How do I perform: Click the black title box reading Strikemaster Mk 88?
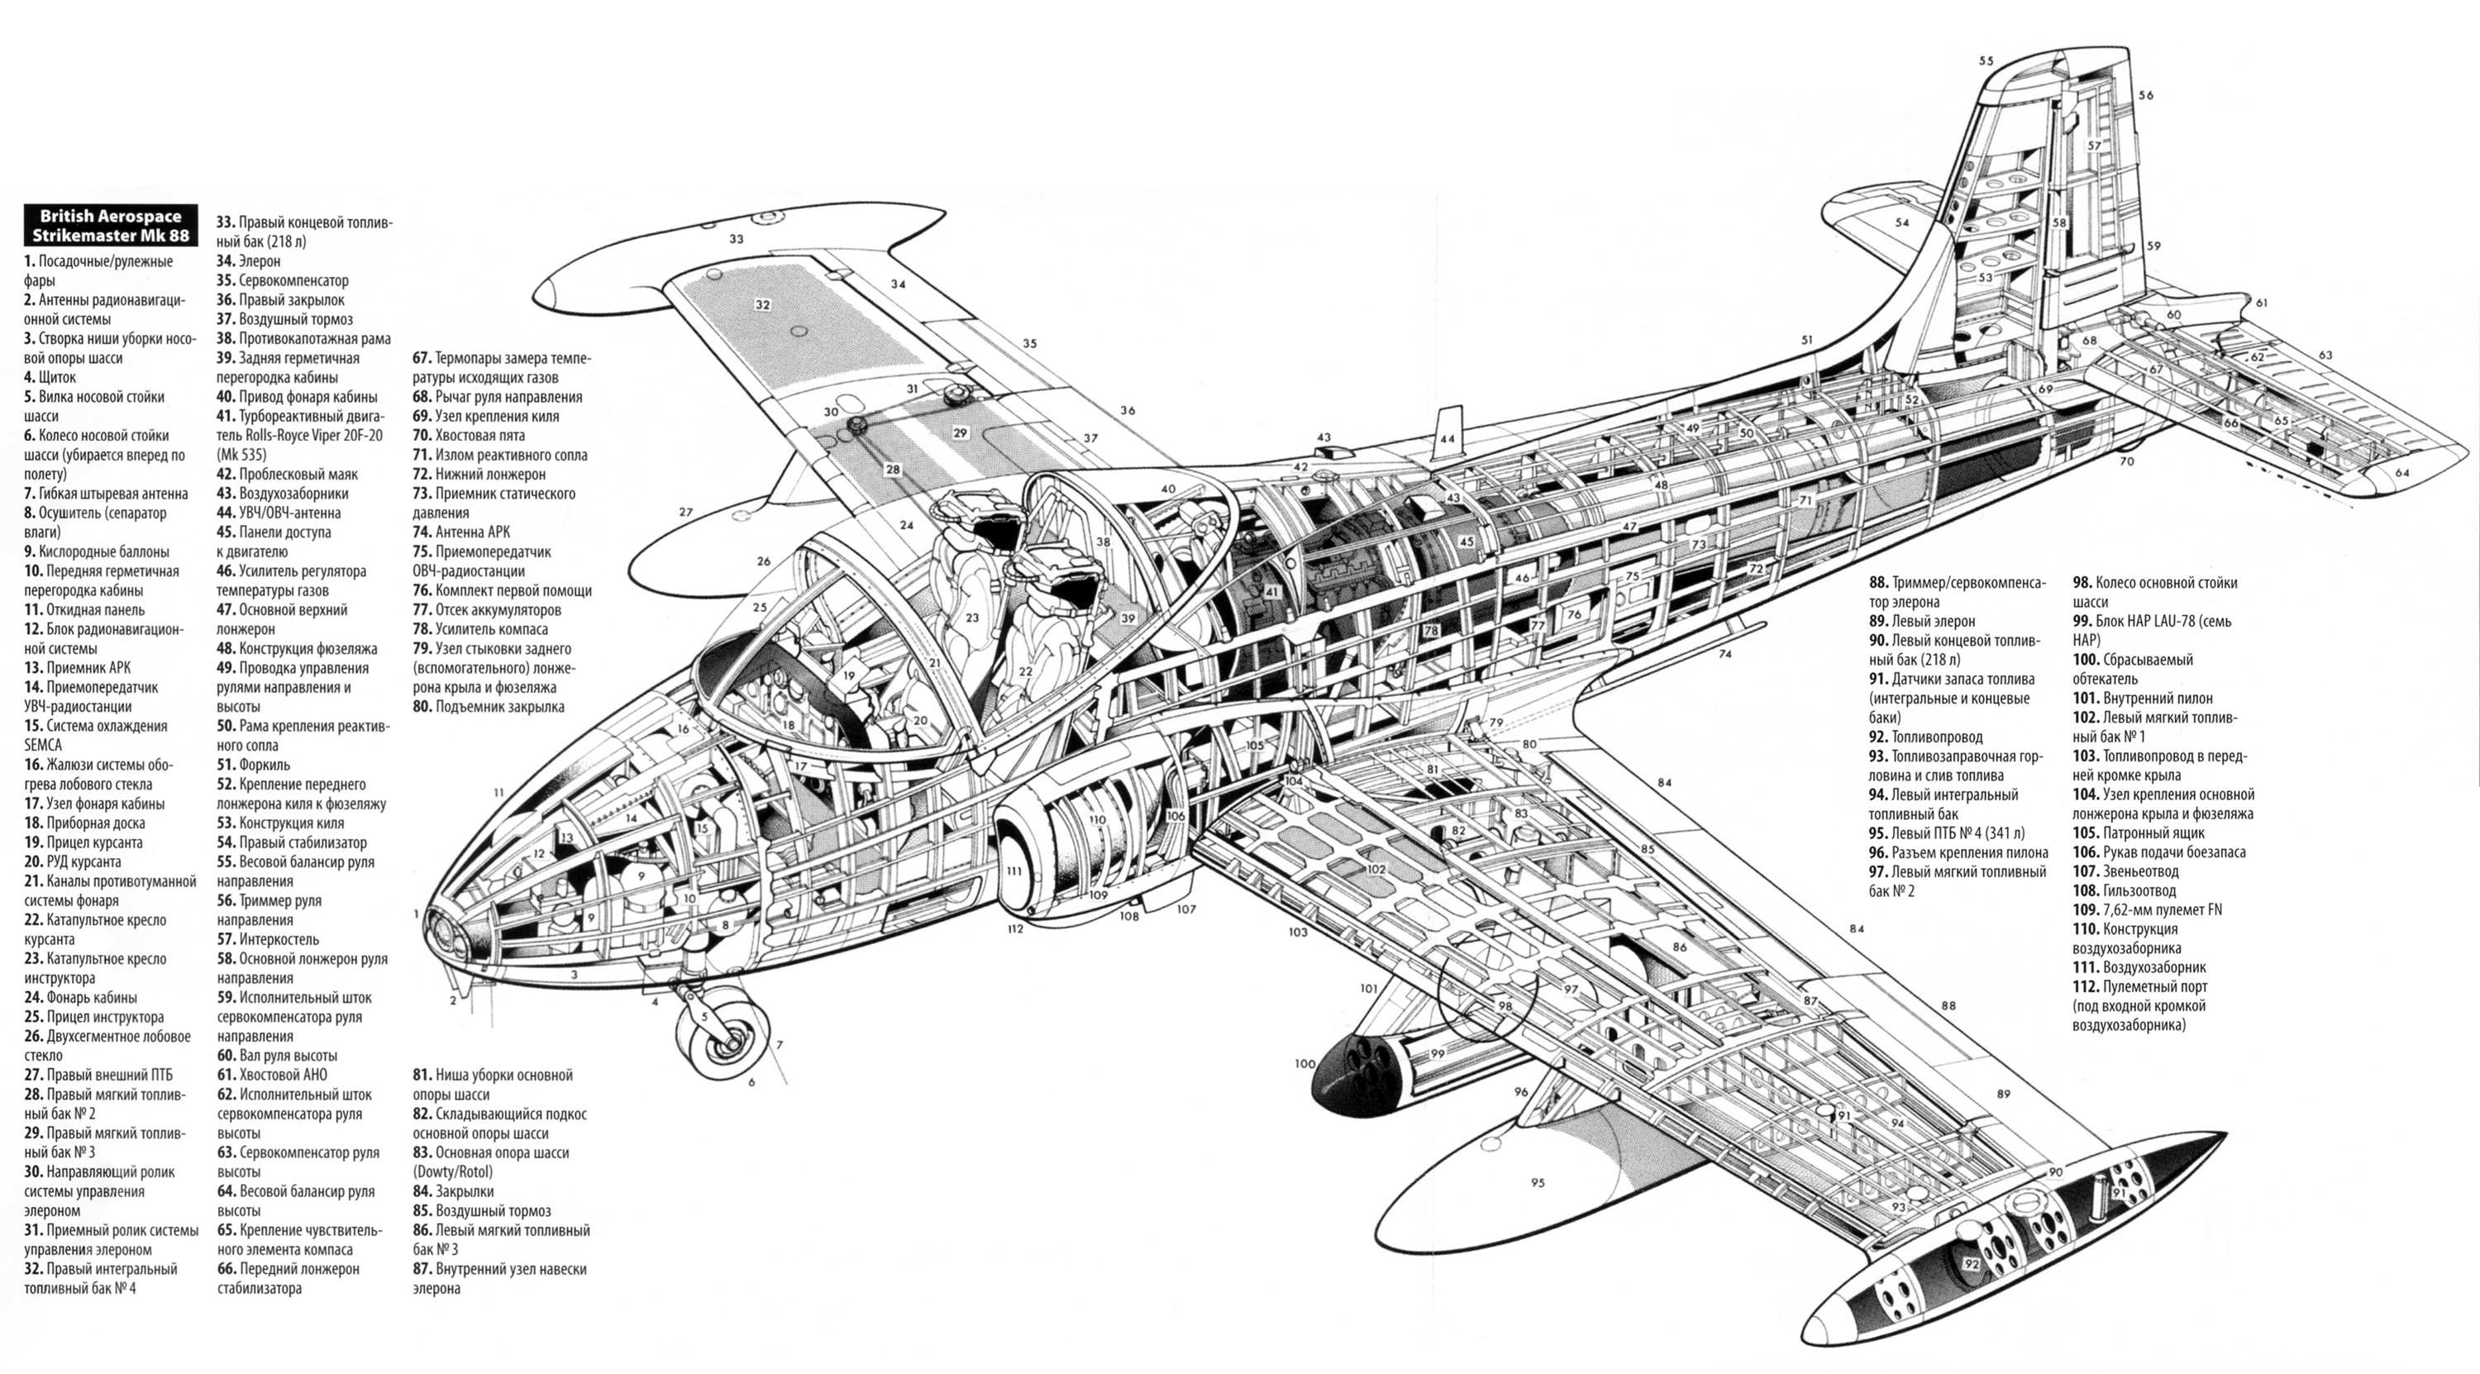(x=111, y=227)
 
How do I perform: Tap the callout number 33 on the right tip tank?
(x=737, y=239)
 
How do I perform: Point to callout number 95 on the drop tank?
(x=1538, y=1182)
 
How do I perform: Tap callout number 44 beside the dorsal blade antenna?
(x=1447, y=438)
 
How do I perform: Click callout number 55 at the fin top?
(x=1986, y=60)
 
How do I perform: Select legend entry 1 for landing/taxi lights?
(x=98, y=270)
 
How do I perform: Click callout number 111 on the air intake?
(x=1013, y=871)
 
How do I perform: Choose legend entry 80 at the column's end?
(x=488, y=707)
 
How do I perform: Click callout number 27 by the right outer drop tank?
(x=685, y=513)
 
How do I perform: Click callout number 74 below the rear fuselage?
(x=1725, y=654)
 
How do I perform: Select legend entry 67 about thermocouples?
(x=502, y=368)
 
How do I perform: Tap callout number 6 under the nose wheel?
(x=752, y=1082)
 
